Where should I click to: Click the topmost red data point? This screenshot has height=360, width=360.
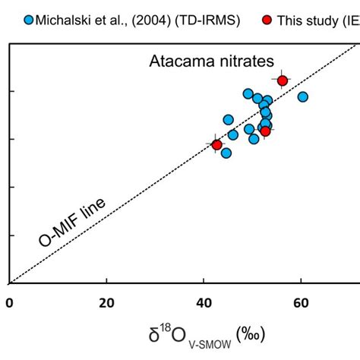point(283,81)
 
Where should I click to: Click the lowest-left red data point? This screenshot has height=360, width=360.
point(217,144)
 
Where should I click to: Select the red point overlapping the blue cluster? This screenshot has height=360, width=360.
point(265,131)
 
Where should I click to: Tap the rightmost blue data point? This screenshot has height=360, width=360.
point(302,96)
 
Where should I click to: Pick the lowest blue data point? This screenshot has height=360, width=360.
point(226,153)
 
